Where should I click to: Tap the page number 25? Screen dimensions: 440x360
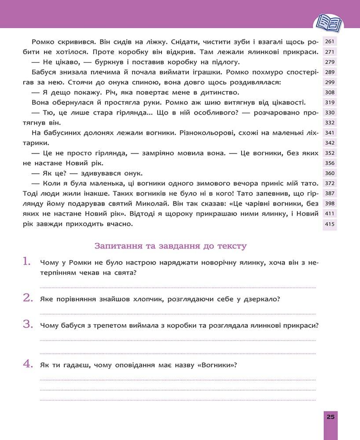click(331, 416)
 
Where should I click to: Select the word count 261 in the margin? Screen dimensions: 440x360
click(330, 42)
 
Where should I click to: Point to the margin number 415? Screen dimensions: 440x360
click(330, 224)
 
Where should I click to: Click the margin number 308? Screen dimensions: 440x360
click(330, 92)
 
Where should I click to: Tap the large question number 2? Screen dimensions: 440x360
click(28, 298)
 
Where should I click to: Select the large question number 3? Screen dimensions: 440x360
click(28, 325)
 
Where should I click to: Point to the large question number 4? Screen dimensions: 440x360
click(28, 364)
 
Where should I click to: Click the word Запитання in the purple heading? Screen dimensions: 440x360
click(115, 246)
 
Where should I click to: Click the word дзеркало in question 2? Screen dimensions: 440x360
click(264, 299)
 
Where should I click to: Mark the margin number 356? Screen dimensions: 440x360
click(330, 163)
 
